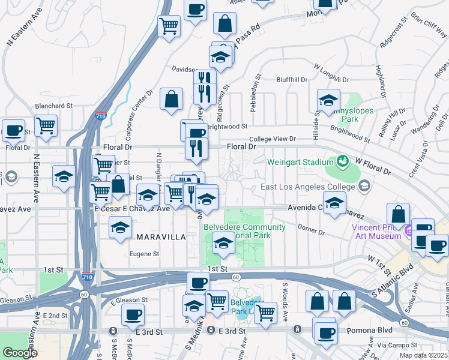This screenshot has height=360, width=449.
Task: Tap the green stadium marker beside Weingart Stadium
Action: pyautogui.click(x=342, y=161)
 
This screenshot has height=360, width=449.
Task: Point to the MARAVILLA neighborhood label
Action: pyautogui.click(x=161, y=237)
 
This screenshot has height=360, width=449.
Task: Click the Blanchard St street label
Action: pyautogui.click(x=53, y=106)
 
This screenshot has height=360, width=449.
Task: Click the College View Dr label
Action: pyautogui.click(x=273, y=139)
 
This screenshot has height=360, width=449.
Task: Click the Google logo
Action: pyautogui.click(x=20, y=353)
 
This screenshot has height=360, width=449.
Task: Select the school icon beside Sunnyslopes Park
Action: pyautogui.click(x=328, y=100)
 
